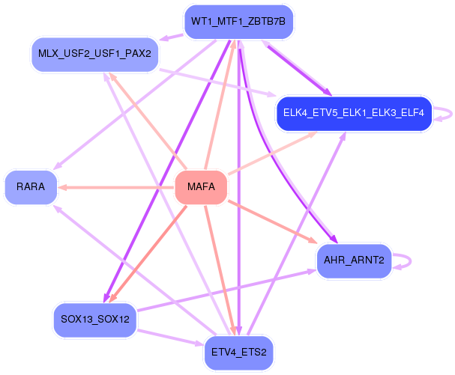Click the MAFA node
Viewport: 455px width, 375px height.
point(200,187)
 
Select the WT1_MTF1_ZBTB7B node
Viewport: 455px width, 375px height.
point(238,21)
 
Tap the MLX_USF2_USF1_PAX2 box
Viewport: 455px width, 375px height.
point(94,54)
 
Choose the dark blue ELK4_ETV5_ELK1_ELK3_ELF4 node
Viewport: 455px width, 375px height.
point(354,113)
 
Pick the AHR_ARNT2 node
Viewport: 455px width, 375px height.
point(354,260)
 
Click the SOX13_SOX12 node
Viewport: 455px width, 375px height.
point(94,320)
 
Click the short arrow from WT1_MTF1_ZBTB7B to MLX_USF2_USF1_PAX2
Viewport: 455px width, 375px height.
point(172,36)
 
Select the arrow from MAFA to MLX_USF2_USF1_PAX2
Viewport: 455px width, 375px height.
point(147,120)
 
